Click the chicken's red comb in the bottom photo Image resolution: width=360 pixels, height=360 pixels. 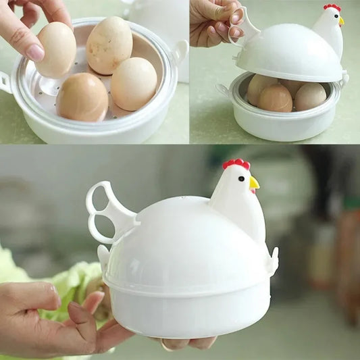[x=236, y=164]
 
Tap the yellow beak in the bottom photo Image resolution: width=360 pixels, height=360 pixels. [x=254, y=182]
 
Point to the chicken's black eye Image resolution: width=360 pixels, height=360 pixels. [x=240, y=179]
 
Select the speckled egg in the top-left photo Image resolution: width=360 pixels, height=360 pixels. [x=109, y=45]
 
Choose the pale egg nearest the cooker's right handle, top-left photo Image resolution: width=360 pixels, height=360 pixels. [x=134, y=83]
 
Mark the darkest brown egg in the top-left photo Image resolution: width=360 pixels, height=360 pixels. [x=82, y=97]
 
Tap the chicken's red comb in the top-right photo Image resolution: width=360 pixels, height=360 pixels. [x=332, y=7]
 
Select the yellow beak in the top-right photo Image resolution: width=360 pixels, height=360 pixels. [x=342, y=21]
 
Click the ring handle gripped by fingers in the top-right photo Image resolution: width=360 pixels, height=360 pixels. [x=245, y=26]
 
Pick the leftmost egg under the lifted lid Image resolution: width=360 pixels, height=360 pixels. [x=260, y=88]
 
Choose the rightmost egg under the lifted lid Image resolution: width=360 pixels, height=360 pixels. [x=310, y=96]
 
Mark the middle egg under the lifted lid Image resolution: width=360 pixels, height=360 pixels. [x=276, y=98]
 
